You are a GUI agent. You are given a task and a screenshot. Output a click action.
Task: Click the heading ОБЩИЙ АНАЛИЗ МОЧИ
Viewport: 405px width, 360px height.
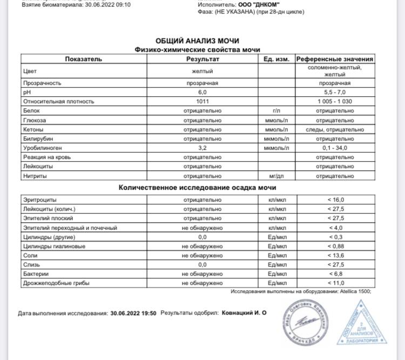click(197, 41)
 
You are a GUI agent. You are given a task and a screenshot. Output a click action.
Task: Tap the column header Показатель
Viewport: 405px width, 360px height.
click(83, 59)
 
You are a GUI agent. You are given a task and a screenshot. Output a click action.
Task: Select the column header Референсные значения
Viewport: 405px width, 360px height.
click(334, 59)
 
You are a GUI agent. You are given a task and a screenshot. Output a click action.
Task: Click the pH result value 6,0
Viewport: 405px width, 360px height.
click(202, 92)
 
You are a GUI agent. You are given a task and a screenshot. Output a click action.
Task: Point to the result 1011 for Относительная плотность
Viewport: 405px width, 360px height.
click(202, 102)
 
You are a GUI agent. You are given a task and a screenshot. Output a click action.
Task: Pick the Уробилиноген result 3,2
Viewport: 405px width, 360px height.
click(202, 148)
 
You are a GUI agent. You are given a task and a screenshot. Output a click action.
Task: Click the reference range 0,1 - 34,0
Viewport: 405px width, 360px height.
click(335, 148)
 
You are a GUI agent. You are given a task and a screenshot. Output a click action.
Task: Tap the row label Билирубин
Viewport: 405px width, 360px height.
click(37, 138)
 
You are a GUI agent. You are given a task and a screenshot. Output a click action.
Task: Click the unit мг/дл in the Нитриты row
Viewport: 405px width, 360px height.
click(276, 176)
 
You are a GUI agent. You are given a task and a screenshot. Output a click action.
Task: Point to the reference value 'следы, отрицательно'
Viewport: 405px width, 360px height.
click(335, 129)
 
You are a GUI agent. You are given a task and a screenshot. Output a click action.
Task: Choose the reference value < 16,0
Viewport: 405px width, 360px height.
click(335, 199)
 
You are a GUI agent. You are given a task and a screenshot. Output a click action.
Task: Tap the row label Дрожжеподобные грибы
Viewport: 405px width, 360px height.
click(56, 283)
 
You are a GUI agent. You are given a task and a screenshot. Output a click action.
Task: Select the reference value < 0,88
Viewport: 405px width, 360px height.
click(335, 246)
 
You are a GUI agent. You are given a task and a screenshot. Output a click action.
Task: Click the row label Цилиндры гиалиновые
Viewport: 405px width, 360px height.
click(54, 246)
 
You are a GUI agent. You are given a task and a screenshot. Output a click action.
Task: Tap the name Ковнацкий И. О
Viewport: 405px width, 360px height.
click(244, 313)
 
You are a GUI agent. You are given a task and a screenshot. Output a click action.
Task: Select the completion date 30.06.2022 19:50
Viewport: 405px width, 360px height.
click(133, 313)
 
